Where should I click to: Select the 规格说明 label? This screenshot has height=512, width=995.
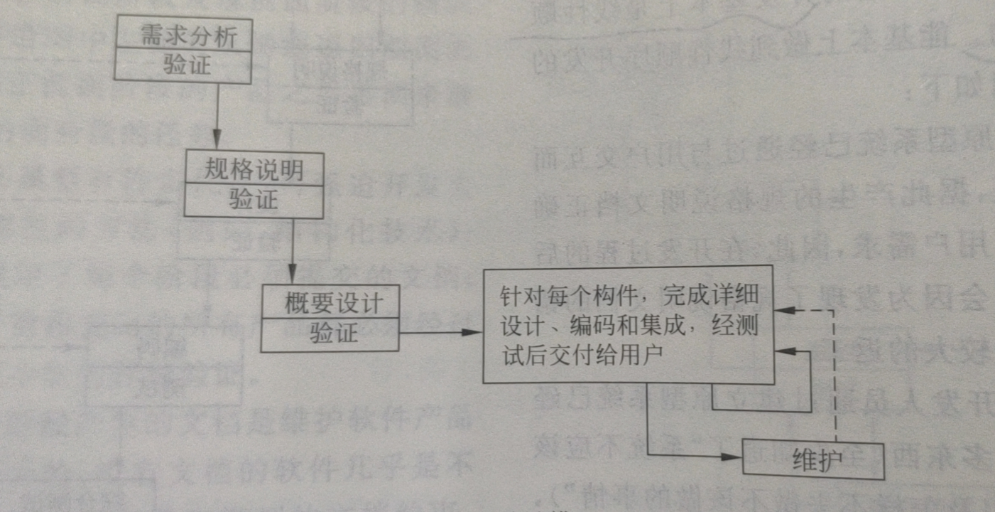coord(254,169)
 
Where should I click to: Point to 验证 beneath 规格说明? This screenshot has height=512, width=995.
coord(254,200)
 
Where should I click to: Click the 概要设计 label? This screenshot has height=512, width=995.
coord(332,304)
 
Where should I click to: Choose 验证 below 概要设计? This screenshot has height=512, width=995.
coord(332,334)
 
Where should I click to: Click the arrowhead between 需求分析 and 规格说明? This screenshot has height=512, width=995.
coord(217,139)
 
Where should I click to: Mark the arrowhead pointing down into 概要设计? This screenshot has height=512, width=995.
coord(292,274)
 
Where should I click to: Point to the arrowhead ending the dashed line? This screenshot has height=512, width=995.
coord(782,311)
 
